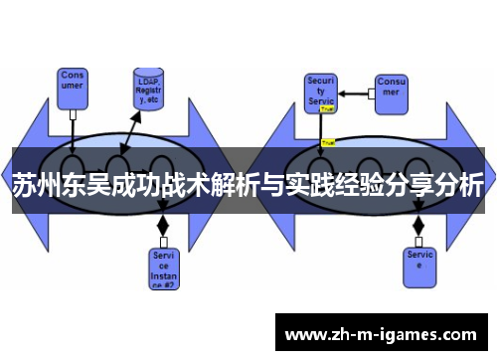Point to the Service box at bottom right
coord(419,263)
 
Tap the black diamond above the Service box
coord(418,227)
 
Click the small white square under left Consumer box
coord(73,114)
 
